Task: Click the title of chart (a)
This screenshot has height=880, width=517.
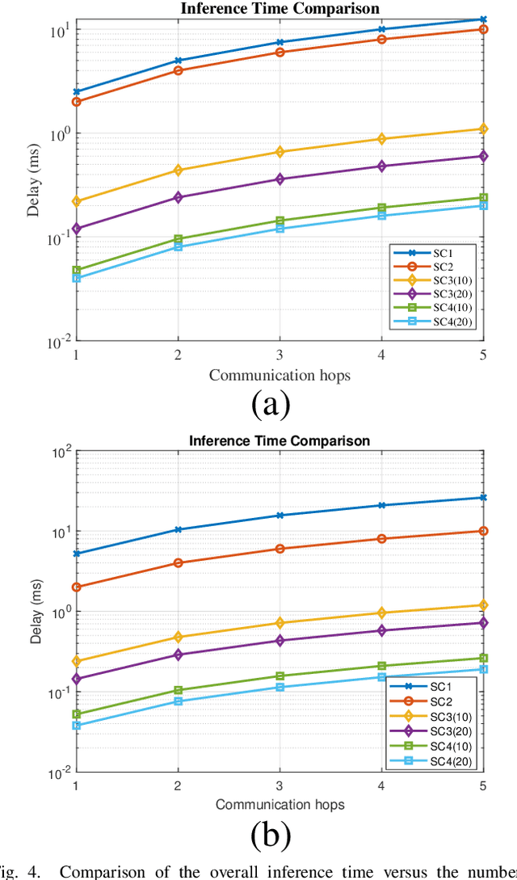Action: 280,9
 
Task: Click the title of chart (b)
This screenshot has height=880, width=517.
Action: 280,440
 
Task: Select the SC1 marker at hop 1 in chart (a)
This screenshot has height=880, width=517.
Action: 76,92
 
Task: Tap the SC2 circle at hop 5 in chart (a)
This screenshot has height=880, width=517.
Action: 484,29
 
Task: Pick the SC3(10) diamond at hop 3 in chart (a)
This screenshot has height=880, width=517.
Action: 280,152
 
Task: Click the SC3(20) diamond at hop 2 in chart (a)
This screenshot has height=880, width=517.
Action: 178,197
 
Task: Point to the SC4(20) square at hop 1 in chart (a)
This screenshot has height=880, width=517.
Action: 76,278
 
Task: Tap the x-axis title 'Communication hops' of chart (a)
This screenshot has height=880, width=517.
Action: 280,375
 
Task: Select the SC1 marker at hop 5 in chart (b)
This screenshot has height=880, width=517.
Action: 484,497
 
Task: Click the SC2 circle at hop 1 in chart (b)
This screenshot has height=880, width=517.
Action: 76,587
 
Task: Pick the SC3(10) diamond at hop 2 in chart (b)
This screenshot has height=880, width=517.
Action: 178,637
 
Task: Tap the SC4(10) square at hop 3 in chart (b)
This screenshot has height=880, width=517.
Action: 280,676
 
